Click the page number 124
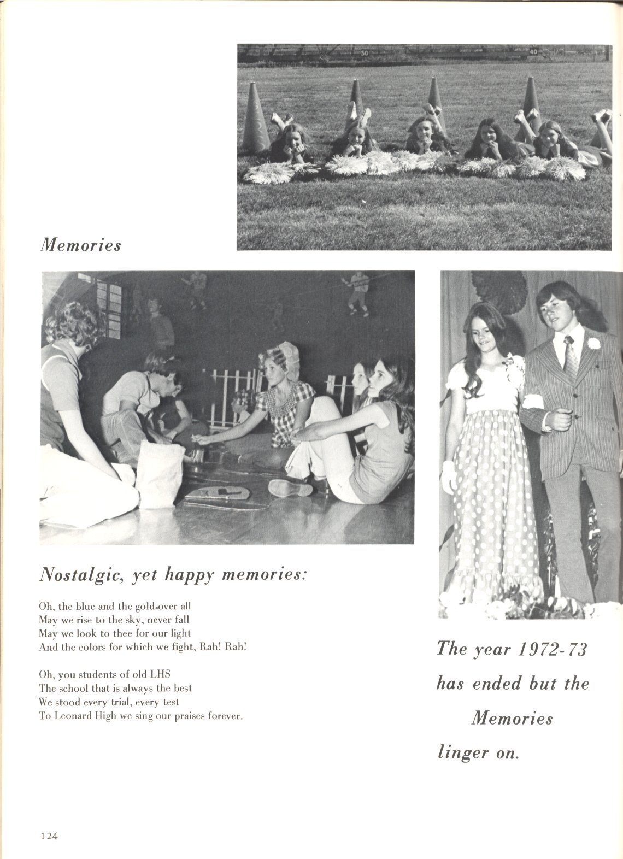pos(49,836)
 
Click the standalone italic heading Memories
pos(80,245)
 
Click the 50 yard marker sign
pos(365,53)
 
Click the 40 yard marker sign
pos(533,52)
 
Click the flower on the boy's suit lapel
pos(593,344)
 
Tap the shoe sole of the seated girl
pos(290,487)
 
